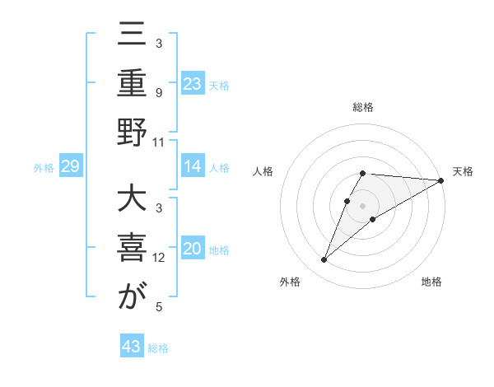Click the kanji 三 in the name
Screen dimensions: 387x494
tap(132, 38)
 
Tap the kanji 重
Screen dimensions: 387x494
tap(132, 84)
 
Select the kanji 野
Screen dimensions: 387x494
tap(132, 134)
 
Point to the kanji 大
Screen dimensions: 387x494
tap(132, 201)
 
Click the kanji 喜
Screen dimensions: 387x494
tap(132, 249)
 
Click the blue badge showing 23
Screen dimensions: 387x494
tap(193, 82)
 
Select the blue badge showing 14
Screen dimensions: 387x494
tap(193, 166)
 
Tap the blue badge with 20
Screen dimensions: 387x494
tap(193, 249)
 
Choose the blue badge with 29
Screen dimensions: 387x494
tap(70, 166)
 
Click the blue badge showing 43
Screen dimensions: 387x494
tap(132, 347)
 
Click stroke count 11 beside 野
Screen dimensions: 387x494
tap(160, 142)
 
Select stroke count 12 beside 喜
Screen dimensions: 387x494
tap(160, 258)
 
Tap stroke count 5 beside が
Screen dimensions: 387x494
tap(160, 307)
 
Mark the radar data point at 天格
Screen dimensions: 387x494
tap(441, 181)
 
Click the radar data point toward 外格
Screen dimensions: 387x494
tap(324, 260)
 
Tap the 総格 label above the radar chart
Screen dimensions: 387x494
tap(363, 107)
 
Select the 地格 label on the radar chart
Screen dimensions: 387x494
tap(431, 282)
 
